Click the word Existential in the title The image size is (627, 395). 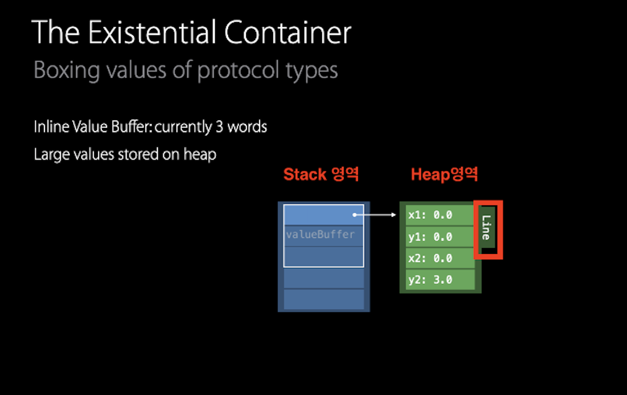click(x=152, y=33)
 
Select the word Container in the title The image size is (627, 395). click(x=287, y=33)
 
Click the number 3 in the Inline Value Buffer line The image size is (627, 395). click(x=219, y=127)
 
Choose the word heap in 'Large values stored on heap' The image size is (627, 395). click(x=200, y=155)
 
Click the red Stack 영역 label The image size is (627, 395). click(x=321, y=175)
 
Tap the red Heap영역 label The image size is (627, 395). click(x=444, y=175)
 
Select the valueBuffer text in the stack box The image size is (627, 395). click(x=320, y=234)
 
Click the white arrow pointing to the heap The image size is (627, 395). click(x=376, y=215)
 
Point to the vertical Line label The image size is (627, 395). click(x=487, y=228)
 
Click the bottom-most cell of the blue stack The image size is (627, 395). click(x=323, y=299)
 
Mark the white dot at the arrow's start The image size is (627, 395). click(x=355, y=215)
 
